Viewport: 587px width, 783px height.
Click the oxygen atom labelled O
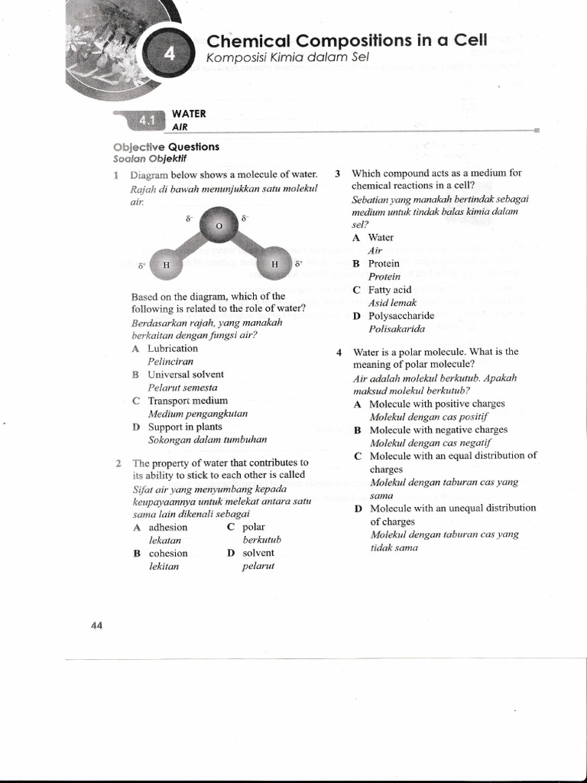pos(219,226)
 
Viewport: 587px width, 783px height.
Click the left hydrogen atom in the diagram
pos(166,265)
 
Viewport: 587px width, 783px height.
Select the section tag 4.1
pos(146,120)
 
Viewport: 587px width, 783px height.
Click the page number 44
pos(97,625)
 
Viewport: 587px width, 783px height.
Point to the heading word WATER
pos(189,114)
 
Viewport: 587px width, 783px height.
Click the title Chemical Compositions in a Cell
pos(347,41)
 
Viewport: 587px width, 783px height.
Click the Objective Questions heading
pos(166,147)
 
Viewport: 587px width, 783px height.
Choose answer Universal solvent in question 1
pos(186,375)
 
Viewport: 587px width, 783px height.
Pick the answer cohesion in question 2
pos(168,553)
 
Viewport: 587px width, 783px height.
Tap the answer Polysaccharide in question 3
pos(401,315)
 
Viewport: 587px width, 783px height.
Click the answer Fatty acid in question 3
pos(390,290)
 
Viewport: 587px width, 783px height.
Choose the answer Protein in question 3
pos(384,263)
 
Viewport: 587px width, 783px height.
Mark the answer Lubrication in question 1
pos(173,348)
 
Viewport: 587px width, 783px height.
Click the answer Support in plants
pos(185,427)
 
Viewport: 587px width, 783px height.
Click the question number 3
pos(337,174)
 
